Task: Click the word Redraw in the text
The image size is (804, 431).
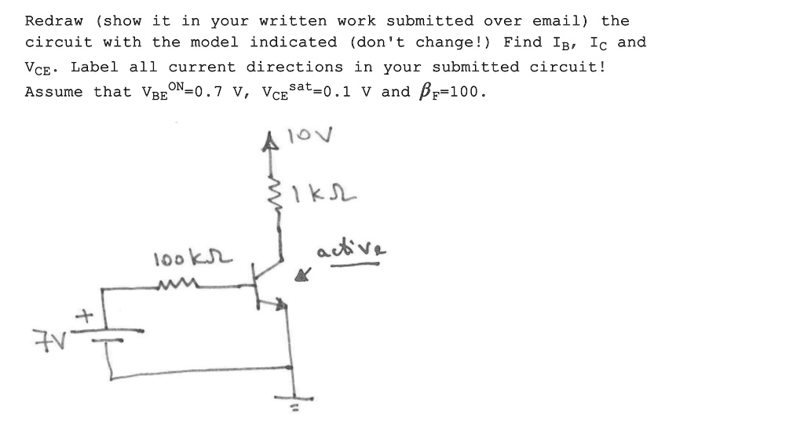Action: click(54, 21)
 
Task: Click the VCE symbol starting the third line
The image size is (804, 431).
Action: click(40, 68)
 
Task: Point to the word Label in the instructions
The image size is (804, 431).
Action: click(93, 68)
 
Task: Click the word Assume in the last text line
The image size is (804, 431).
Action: click(54, 92)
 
